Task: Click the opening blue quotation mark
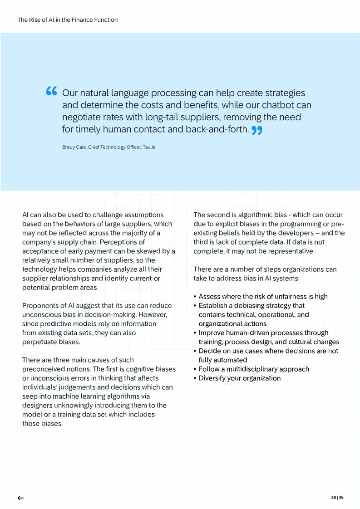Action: [x=51, y=92]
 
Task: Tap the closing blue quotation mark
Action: [x=257, y=131]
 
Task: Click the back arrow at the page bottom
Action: [x=20, y=498]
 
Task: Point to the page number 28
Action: [x=334, y=498]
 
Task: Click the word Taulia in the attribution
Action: [x=149, y=147]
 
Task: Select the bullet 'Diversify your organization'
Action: [x=239, y=378]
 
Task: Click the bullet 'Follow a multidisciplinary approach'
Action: [x=254, y=369]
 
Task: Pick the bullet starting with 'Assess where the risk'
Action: [x=263, y=296]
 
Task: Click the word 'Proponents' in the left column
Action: [x=40, y=305]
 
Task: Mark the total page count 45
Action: [x=341, y=498]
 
